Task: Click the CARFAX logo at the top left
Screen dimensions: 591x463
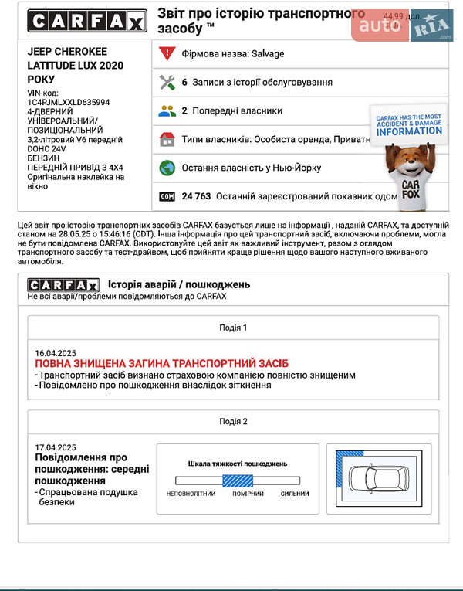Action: click(x=86, y=22)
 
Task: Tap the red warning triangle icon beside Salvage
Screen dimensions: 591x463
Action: click(x=167, y=53)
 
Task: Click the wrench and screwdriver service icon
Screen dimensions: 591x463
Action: click(x=167, y=82)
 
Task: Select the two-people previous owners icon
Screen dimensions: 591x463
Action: click(x=167, y=110)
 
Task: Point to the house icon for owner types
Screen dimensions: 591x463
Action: click(x=167, y=139)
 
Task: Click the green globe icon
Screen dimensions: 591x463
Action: click(x=167, y=168)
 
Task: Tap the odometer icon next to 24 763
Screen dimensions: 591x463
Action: click(x=167, y=196)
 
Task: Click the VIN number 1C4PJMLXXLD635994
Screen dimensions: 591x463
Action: click(x=69, y=102)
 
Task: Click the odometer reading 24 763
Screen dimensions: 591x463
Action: click(x=196, y=196)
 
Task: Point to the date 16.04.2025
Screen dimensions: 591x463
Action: click(x=56, y=352)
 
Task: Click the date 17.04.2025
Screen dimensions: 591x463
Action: click(x=56, y=447)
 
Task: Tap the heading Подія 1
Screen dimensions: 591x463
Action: click(x=233, y=328)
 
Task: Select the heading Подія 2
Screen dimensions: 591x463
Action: click(x=233, y=421)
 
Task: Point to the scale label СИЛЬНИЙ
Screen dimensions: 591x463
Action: click(x=294, y=494)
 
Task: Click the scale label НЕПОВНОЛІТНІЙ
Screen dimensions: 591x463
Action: click(x=191, y=494)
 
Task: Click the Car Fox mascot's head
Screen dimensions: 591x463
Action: click(x=407, y=158)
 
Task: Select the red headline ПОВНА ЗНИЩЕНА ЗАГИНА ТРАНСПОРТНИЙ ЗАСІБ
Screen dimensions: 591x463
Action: click(x=161, y=363)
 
